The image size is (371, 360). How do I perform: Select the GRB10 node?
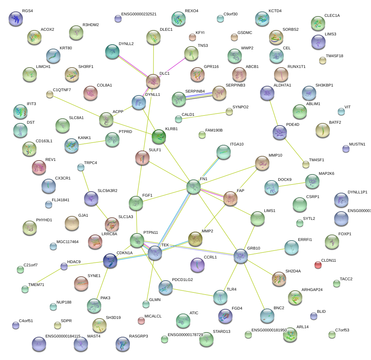[241, 256]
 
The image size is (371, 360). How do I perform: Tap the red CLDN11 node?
[318, 265]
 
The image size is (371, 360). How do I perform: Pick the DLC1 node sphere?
[153, 81]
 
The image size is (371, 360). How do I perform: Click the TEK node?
[155, 252]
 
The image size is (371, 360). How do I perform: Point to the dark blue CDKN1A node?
[110, 261]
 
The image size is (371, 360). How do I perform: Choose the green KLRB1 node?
[159, 136]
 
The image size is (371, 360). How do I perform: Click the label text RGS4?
[27, 11]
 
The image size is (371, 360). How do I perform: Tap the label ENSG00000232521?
[139, 14]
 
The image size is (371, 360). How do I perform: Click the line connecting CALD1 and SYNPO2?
[204, 115]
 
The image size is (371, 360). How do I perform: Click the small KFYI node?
[192, 37]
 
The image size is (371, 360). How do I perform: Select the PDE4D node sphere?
[280, 132]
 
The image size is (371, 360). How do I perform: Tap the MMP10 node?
[262, 163]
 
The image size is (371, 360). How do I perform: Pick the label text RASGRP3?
[138, 336]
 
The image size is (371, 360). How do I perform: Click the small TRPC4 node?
[81, 167]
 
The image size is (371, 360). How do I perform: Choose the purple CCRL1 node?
[197, 265]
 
